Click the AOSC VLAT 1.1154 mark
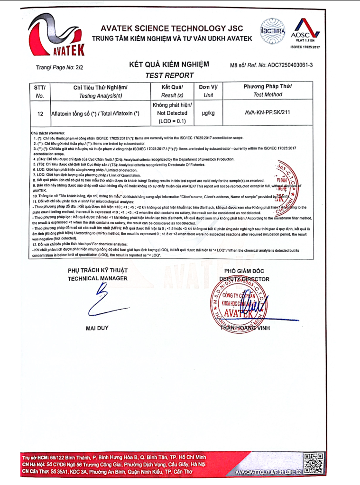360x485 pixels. (x=305, y=32)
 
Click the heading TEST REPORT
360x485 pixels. (x=169, y=75)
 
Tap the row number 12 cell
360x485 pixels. (x=40, y=114)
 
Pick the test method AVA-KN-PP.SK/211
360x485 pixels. (x=268, y=113)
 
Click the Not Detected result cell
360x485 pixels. (x=172, y=113)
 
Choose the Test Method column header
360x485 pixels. (x=268, y=91)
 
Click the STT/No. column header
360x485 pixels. (x=40, y=91)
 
